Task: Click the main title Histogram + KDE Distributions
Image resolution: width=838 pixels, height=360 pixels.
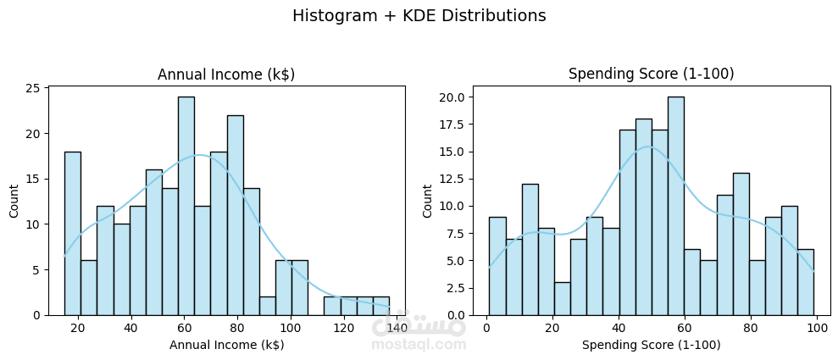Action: tap(419, 16)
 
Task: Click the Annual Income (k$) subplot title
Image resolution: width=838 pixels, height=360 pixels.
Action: tap(226, 75)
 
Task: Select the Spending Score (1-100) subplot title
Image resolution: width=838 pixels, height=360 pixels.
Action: tap(650, 75)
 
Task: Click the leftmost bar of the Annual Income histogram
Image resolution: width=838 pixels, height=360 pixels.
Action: tap(73, 233)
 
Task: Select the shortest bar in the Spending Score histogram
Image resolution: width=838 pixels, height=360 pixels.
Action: tap(562, 298)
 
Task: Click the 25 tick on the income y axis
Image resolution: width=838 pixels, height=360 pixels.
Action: tap(33, 89)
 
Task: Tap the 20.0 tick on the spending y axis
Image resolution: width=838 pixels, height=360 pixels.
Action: tap(452, 97)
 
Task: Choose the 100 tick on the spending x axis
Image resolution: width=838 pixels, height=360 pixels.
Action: tap(816, 328)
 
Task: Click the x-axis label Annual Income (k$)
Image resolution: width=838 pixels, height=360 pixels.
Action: tap(226, 345)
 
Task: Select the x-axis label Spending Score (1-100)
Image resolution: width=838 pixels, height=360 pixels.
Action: tap(650, 345)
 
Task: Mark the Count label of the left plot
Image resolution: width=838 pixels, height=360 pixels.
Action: tap(14, 201)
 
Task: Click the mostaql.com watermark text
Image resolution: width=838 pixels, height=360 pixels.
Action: tap(419, 345)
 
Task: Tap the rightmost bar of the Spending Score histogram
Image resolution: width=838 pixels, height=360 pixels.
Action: tap(805, 282)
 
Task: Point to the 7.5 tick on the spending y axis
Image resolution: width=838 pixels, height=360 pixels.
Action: tap(454, 233)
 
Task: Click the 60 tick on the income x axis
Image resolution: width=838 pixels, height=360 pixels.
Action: tap(184, 328)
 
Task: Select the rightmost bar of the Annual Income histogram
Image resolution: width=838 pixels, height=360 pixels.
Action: tap(380, 306)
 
